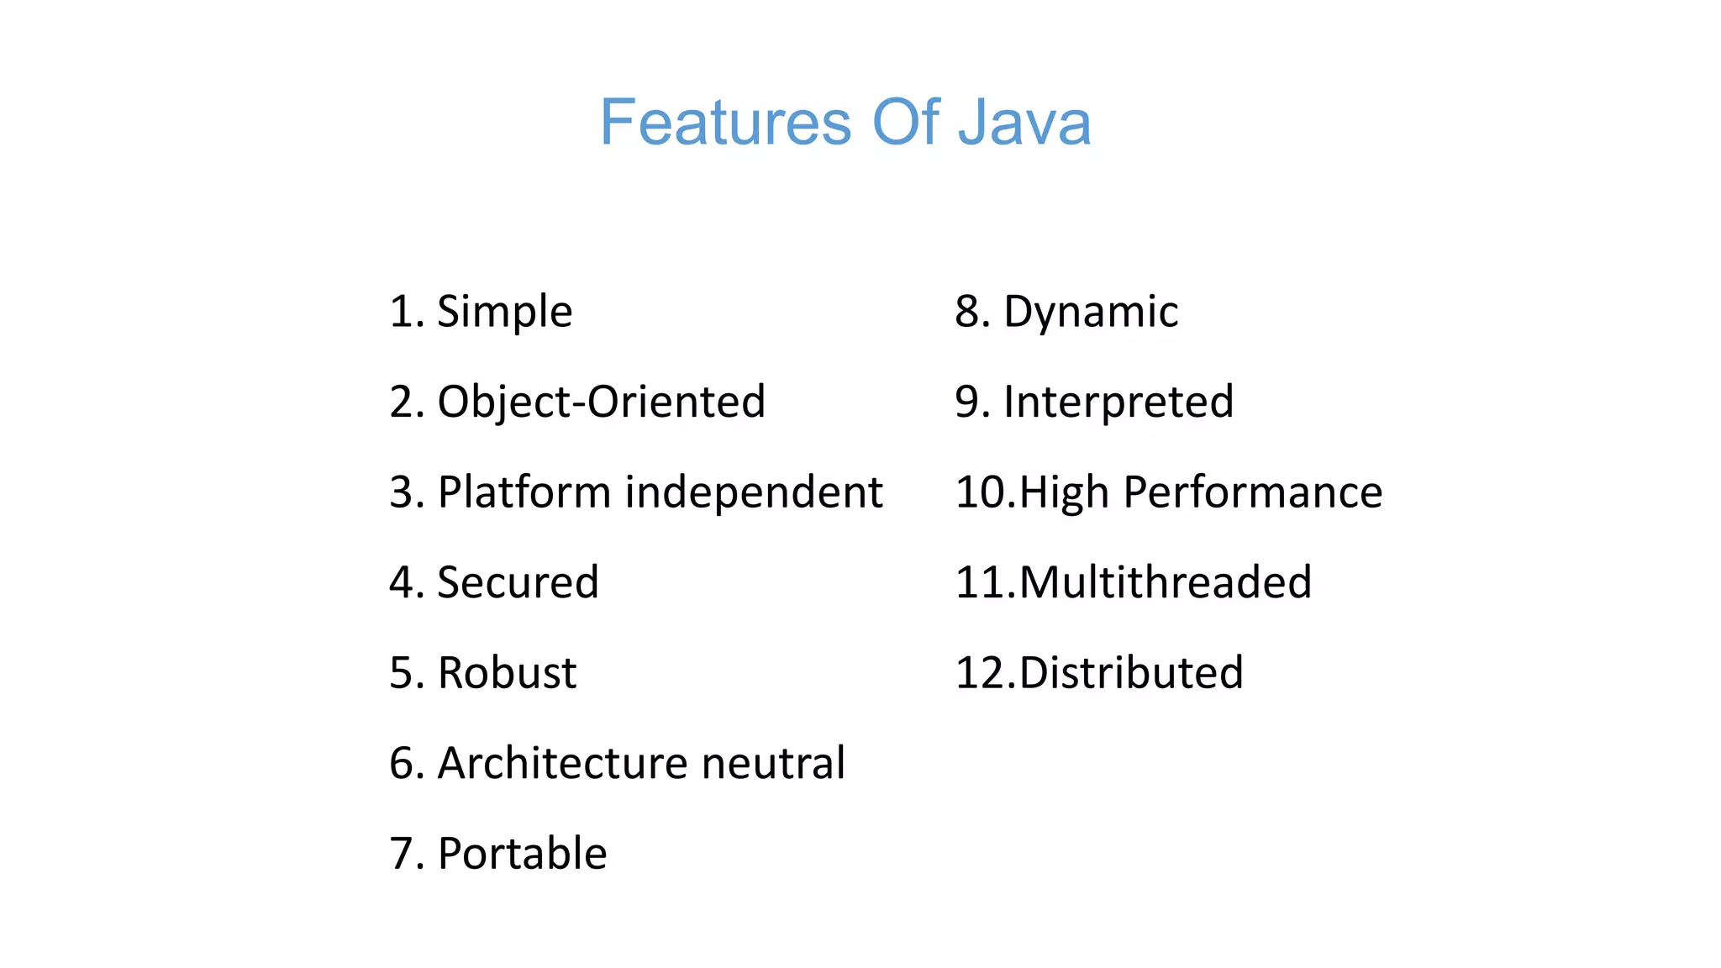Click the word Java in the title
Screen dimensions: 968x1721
1024,123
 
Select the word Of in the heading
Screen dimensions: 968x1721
906,123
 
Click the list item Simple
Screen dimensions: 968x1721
505,313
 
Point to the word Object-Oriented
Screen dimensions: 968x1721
602,402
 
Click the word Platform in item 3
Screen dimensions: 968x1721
524,492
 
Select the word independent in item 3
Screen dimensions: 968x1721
754,492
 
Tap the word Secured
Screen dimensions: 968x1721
518,582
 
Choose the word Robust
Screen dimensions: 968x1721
508,673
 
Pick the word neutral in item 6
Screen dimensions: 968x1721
773,763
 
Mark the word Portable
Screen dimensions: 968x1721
523,854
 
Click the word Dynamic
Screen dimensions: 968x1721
1091,313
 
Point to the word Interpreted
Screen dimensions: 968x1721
1118,402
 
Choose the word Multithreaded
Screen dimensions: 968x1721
1166,582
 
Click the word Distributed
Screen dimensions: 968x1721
1131,673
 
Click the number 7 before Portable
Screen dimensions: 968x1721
403,854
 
